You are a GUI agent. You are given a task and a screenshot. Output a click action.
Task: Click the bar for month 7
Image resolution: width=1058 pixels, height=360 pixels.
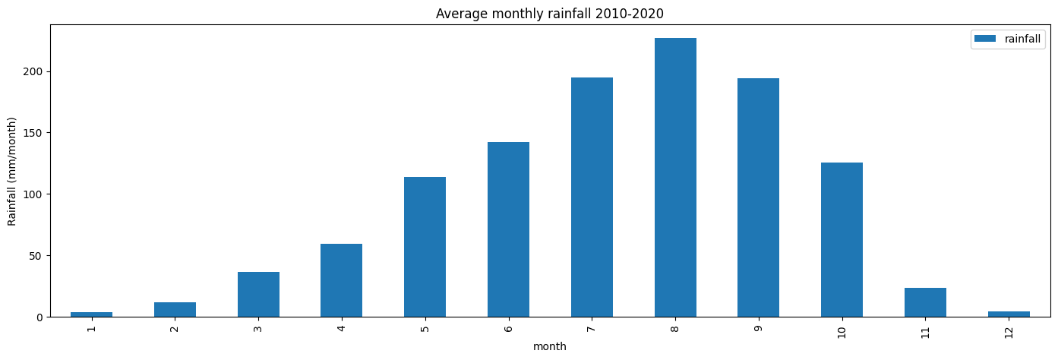pos(592,197)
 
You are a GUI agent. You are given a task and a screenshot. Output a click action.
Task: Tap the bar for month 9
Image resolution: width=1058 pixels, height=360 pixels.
pos(758,197)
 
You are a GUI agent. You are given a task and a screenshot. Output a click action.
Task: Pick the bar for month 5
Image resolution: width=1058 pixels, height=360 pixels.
pos(425,247)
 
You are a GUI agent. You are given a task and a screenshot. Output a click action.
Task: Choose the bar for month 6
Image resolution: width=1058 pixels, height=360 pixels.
pos(508,229)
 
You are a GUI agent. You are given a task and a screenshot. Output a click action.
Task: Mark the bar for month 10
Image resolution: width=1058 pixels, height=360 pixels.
pos(842,239)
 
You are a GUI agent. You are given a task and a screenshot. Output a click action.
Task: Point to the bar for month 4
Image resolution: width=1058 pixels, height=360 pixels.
pos(341,280)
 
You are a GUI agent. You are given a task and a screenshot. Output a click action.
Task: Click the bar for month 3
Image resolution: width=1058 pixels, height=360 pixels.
pos(258,294)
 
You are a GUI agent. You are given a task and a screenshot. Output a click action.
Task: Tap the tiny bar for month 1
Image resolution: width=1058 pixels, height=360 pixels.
pos(92,314)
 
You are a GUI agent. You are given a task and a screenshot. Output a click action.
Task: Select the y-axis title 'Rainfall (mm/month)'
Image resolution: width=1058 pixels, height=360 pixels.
pos(12,171)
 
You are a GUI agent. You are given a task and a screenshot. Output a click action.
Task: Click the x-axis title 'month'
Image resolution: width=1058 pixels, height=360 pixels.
pos(549,347)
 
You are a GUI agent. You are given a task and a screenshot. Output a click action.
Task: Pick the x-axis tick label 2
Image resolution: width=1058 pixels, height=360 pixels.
pos(175,328)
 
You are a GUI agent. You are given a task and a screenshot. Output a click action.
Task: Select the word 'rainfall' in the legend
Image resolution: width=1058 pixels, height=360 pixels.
pos(1023,39)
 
